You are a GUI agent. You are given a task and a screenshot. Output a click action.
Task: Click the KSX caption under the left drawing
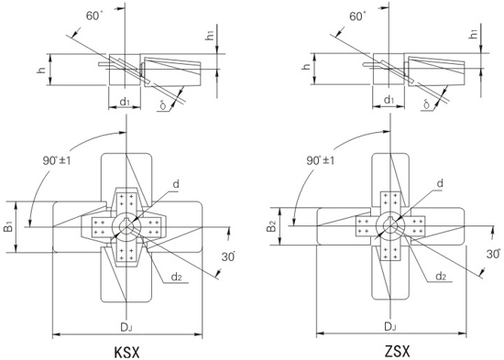pos(127,353)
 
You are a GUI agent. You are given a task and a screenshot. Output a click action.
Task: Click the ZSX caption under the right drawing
pos(398,352)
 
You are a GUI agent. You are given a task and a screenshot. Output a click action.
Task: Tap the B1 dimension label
pos(8,226)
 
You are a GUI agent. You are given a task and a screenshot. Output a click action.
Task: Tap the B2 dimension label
pos(271,226)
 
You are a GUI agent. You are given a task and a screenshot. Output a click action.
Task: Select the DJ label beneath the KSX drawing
pos(126,328)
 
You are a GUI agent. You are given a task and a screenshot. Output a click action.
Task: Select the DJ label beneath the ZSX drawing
pos(390,327)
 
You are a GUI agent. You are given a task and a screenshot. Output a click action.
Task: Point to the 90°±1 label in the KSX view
pos(57,160)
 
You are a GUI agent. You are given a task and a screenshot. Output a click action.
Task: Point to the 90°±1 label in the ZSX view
pos(320,160)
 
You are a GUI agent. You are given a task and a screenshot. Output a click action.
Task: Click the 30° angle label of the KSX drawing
pos(228,256)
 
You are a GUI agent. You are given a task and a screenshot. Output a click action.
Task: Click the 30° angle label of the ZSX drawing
pos(493,254)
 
